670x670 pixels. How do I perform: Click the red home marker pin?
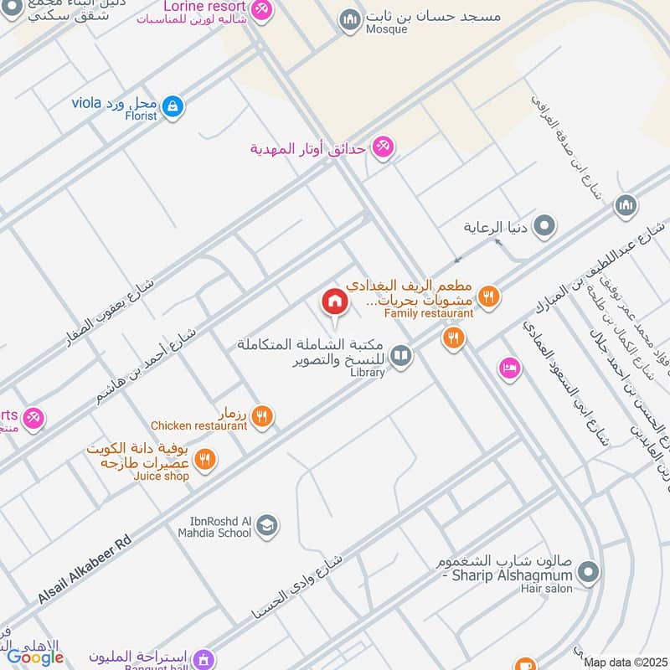334,302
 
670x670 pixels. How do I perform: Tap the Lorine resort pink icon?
262,8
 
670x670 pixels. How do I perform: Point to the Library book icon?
401,358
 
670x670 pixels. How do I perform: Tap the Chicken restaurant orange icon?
262,416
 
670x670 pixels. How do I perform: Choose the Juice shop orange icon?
204,460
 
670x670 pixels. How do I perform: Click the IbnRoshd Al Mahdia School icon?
267,527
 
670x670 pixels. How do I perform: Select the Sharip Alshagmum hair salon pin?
590,574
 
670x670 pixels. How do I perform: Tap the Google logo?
35,657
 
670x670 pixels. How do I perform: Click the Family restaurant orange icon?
489,296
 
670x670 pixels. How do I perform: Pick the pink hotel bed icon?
509,368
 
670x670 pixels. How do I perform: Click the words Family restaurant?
429,313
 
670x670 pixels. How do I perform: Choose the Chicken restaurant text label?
199,425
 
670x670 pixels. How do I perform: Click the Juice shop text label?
162,476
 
